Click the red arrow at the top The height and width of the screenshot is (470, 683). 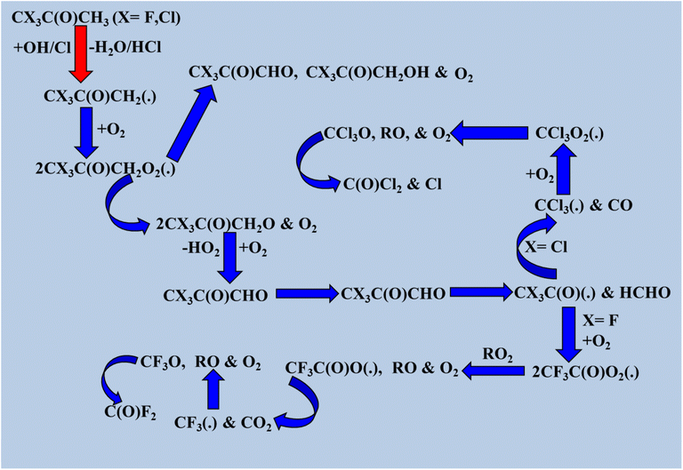coord(81,54)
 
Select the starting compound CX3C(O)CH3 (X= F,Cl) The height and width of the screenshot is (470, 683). coord(96,18)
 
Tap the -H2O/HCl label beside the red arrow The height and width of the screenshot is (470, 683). coord(125,47)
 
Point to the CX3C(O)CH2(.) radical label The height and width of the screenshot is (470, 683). coord(100,97)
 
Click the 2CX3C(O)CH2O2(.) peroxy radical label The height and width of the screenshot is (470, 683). coord(106,170)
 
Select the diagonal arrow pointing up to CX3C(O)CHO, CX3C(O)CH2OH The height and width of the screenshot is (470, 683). coord(192,123)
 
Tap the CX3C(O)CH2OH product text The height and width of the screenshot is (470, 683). coord(367,72)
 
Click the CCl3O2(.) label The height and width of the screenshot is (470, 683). coord(570,133)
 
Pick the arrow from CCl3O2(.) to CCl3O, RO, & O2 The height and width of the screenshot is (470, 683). coord(489,132)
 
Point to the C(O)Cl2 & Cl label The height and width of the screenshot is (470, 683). coord(392,185)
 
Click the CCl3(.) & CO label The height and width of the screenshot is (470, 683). coord(583,205)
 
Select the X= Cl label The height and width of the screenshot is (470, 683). coord(546,247)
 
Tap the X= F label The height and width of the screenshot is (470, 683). coord(600,321)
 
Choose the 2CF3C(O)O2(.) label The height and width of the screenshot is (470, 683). coord(586,372)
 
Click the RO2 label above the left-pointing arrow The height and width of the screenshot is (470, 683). coord(497,355)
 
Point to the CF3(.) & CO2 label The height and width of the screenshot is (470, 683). coord(223,423)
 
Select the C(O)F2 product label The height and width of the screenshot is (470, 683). coord(130,412)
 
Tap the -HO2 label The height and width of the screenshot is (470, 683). coord(201,249)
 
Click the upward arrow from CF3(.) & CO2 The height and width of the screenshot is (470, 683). coord(213,388)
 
